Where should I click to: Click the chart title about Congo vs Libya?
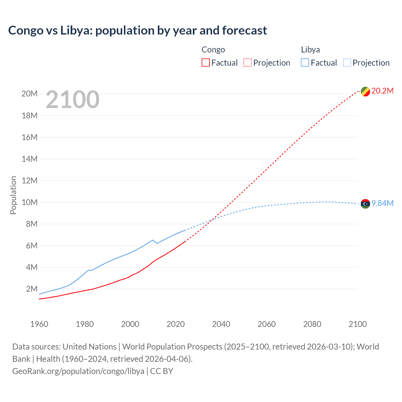tap(138, 30)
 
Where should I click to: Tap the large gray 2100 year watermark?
tap(73, 100)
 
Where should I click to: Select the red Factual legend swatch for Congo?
tap(205, 62)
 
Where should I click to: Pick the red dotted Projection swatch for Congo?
tap(247, 62)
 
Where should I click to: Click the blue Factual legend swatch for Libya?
tap(305, 62)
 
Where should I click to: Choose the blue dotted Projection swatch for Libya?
tap(347, 62)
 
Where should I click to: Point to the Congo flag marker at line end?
tap(365, 91)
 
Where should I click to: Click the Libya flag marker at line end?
tap(365, 204)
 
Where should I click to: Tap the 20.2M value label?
tap(382, 91)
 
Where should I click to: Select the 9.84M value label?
tap(382, 204)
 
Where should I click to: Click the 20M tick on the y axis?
tap(30, 94)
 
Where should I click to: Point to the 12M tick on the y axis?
tap(30, 181)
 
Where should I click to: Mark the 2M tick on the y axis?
tap(32, 289)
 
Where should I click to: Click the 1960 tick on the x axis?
tap(39, 324)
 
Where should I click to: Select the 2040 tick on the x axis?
tap(221, 324)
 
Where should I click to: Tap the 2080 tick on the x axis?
tap(312, 324)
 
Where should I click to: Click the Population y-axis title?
tap(13, 195)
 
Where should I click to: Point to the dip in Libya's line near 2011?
tap(157, 243)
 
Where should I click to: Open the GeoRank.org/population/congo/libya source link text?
tap(78, 371)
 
